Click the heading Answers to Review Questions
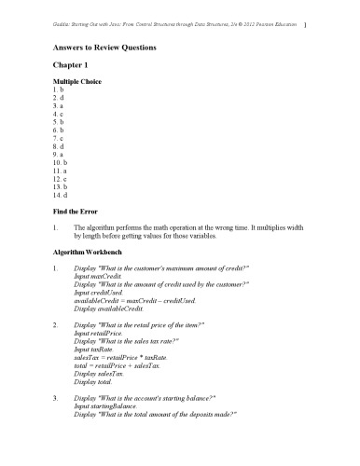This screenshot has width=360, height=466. pos(103,46)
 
